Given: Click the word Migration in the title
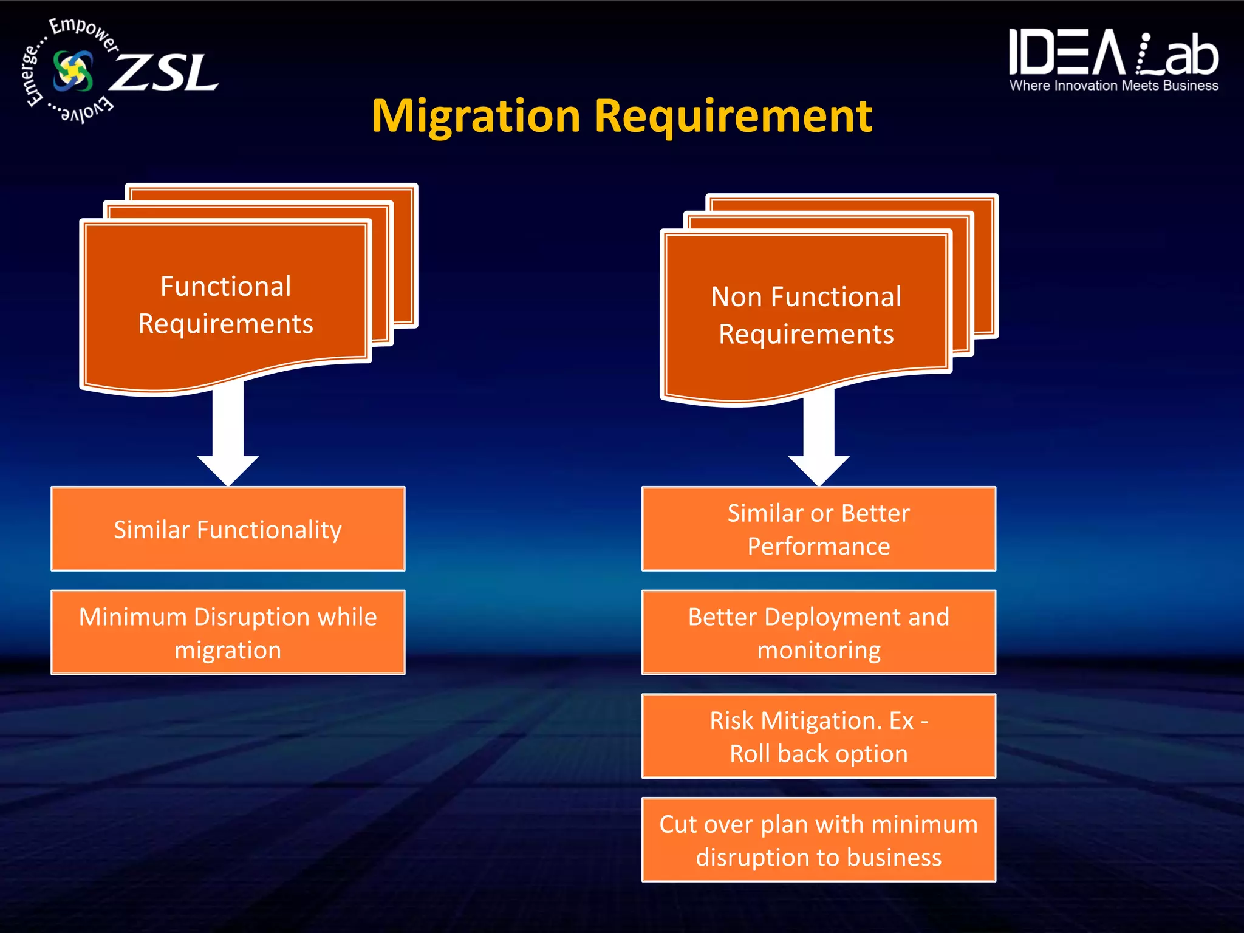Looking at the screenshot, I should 476,117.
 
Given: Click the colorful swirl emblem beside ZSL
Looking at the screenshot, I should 73,71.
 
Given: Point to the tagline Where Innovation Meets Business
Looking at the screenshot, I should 1113,86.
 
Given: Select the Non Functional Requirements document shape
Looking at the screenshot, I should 806,315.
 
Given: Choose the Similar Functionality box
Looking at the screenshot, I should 228,529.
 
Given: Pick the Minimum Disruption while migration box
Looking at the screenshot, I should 228,632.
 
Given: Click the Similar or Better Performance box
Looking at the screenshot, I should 818,529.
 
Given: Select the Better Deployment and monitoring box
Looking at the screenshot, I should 818,632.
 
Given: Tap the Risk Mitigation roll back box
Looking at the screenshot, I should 818,736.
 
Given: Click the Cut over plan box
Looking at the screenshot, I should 818,840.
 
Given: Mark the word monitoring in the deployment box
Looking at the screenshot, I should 818,651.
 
